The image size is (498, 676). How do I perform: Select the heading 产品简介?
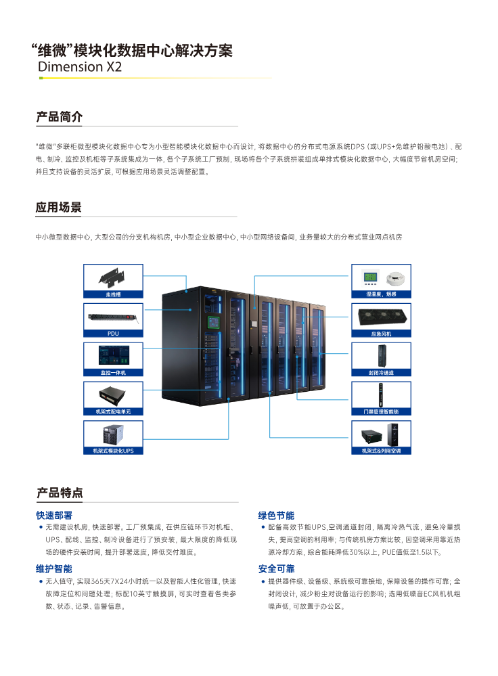[59, 117]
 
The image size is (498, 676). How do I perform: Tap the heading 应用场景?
[59, 208]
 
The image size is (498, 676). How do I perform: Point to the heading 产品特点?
[59, 493]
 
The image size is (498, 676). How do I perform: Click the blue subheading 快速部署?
[54, 515]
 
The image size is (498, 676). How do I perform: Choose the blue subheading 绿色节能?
[276, 515]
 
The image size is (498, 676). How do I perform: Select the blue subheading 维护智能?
[54, 568]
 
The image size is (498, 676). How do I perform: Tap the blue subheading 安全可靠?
[276, 568]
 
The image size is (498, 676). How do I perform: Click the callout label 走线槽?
[113, 294]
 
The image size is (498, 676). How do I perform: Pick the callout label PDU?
[113, 333]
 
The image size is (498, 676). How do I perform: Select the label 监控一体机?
[113, 372]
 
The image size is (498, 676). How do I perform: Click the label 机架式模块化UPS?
[113, 450]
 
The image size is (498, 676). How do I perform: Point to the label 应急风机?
[380, 334]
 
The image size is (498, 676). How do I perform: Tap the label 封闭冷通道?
[380, 372]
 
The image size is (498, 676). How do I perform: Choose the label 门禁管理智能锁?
[380, 411]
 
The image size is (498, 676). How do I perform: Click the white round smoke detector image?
[394, 277]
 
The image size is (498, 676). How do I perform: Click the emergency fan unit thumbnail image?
[380, 317]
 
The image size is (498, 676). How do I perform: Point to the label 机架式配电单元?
[113, 411]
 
